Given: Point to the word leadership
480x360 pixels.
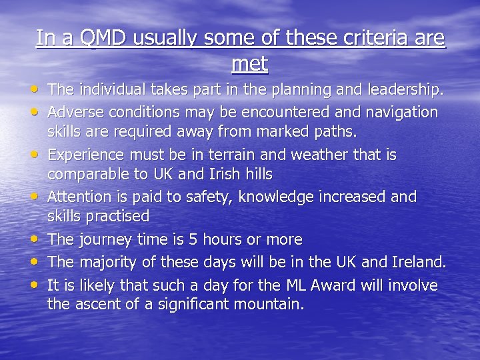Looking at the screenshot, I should [x=405, y=89].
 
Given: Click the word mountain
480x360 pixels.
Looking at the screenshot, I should [x=269, y=305].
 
